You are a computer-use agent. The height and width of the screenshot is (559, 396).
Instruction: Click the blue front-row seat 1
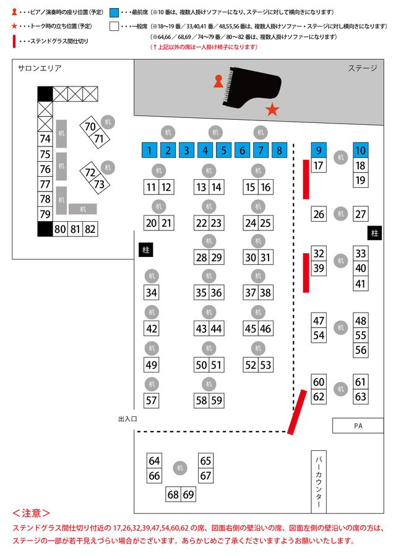(149, 149)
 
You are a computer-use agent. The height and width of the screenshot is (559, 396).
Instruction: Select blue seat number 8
(280, 149)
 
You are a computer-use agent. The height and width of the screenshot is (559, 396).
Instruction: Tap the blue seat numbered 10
(361, 150)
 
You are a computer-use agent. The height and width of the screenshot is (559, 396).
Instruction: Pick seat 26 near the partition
(319, 214)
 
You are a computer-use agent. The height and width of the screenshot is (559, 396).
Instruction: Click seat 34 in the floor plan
(152, 292)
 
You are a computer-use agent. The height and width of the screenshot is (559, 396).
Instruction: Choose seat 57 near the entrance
(152, 400)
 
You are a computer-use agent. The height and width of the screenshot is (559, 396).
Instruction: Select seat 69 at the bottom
(188, 494)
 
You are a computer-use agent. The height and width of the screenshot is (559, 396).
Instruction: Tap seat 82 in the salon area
(90, 229)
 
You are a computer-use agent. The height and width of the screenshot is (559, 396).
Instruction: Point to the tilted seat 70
(90, 127)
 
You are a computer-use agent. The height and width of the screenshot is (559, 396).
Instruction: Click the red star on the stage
(272, 110)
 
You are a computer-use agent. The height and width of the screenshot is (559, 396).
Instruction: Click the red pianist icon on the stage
(218, 81)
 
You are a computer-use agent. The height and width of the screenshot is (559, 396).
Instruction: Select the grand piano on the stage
(252, 83)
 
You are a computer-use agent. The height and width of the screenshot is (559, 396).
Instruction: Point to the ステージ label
(362, 68)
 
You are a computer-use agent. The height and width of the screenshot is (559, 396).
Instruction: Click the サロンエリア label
(40, 68)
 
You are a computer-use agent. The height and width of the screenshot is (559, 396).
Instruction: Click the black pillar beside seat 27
(374, 233)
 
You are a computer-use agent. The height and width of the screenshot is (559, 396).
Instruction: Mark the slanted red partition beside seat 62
(297, 411)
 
